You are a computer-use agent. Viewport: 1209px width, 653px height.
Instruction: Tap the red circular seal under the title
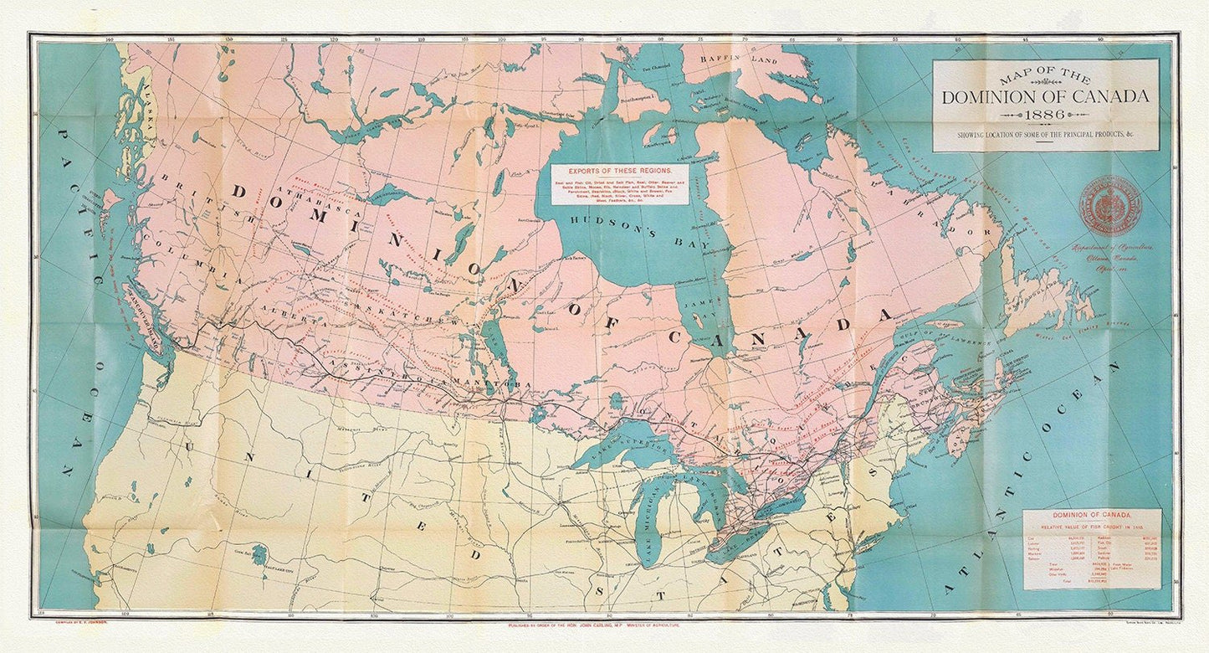pyautogui.click(x=1110, y=206)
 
